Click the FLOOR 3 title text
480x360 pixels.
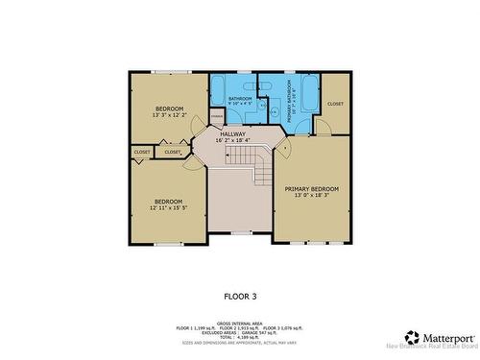pos(240,297)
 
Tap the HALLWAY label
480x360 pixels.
pos(232,134)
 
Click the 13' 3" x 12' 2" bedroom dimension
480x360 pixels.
pos(166,115)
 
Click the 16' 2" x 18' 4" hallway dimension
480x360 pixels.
pos(232,141)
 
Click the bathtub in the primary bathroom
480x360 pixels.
pos(309,94)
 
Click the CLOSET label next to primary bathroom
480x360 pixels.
pos(335,104)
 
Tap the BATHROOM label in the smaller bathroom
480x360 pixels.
pos(240,98)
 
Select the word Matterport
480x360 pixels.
pos(445,337)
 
